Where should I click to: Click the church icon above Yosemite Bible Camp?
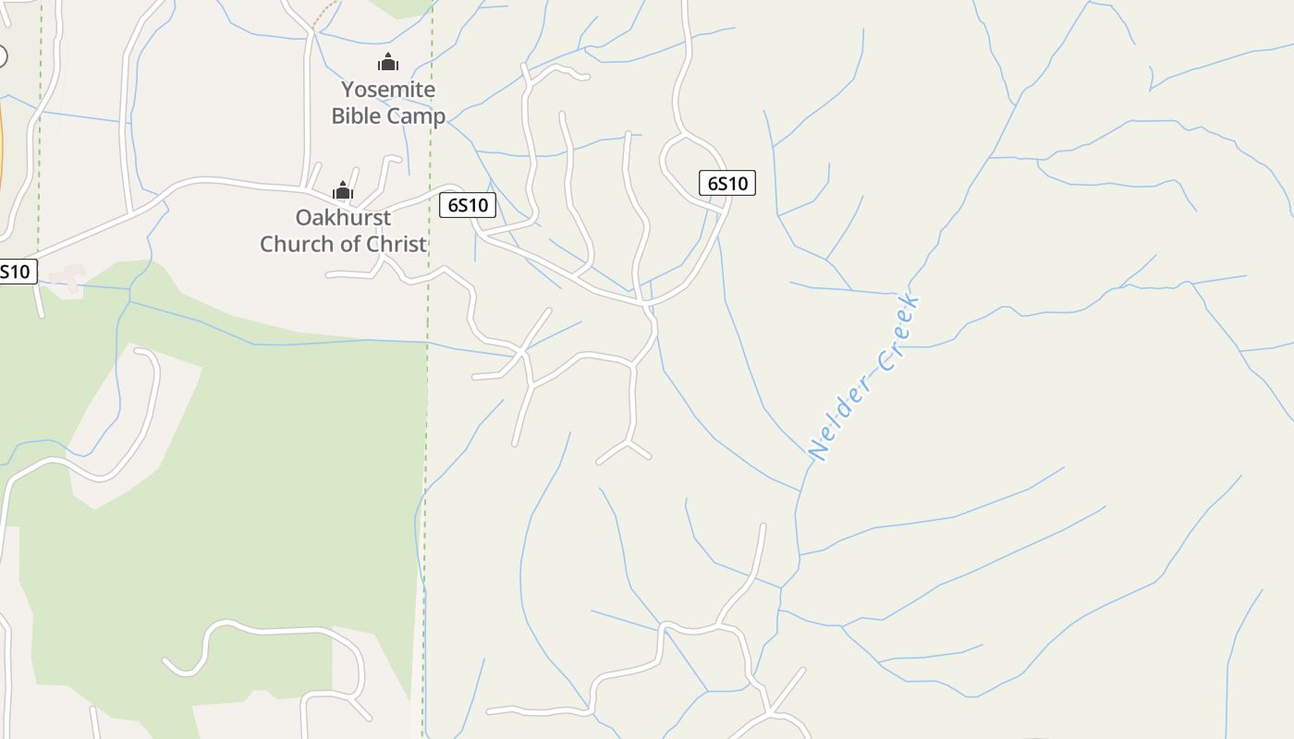pos(388,62)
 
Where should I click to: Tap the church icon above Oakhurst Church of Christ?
pos(343,190)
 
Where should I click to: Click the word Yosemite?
pos(388,90)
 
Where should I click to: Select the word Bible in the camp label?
pos(357,115)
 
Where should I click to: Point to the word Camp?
pos(416,115)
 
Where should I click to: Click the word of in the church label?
pos(351,244)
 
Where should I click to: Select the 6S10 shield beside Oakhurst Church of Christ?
pos(468,205)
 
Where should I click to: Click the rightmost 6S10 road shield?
pos(727,183)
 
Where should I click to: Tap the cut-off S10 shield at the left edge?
pos(17,272)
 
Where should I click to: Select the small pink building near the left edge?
pos(67,279)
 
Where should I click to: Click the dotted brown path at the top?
pos(324,15)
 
